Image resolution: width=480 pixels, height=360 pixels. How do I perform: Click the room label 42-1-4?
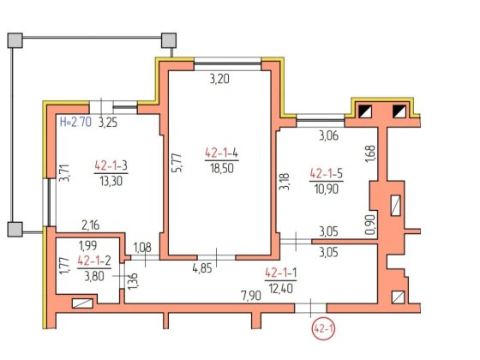click(x=222, y=153)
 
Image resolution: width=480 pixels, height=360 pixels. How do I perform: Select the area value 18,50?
click(x=222, y=168)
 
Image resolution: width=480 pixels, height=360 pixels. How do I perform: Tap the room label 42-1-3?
click(x=111, y=165)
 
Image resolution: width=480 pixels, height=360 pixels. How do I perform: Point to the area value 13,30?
click(x=111, y=181)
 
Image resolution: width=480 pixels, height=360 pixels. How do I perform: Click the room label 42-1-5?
click(x=327, y=173)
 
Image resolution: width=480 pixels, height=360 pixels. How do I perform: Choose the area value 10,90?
click(x=327, y=189)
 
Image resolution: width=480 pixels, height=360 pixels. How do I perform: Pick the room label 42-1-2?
click(x=94, y=261)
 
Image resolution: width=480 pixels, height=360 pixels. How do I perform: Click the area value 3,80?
click(x=94, y=276)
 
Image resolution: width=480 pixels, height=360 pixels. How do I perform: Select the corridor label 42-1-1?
click(x=281, y=273)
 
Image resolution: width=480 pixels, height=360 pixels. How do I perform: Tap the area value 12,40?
click(x=281, y=288)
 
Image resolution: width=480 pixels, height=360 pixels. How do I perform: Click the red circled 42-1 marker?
click(x=323, y=329)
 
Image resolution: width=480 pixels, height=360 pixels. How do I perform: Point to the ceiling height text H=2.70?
click(x=75, y=122)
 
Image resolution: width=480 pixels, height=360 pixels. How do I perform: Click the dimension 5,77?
click(x=177, y=163)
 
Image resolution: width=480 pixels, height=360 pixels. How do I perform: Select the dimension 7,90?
click(x=251, y=296)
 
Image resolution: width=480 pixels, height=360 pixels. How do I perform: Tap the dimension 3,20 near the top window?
click(x=219, y=79)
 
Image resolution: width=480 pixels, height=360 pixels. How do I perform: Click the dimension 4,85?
click(x=202, y=268)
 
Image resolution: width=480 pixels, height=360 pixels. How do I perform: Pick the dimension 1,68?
click(x=370, y=154)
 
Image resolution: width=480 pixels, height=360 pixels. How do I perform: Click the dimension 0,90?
click(x=370, y=225)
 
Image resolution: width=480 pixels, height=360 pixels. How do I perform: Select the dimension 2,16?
click(x=91, y=225)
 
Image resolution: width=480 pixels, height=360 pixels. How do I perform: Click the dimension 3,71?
click(x=64, y=173)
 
